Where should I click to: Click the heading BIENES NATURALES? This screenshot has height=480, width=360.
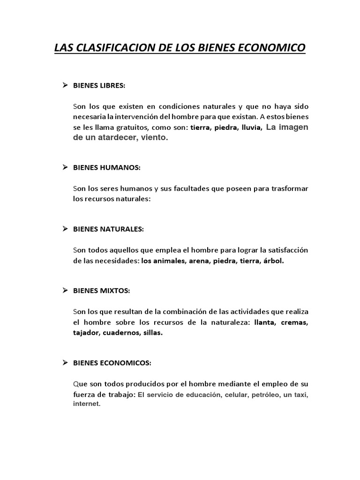point(108,229)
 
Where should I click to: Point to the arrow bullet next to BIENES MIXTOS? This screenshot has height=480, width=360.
point(66,291)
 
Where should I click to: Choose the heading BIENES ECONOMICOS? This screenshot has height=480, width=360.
point(112,363)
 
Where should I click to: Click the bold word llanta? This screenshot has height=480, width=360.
point(269,322)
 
